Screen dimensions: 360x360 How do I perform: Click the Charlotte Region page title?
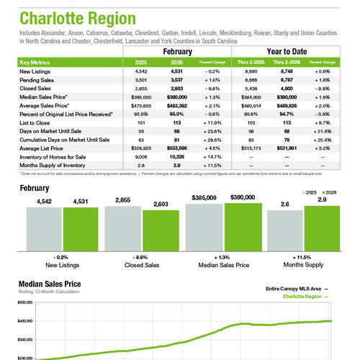pos(68,18)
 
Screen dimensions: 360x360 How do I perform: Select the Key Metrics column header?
pos(36,63)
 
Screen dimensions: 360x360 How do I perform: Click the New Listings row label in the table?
pos(35,72)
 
